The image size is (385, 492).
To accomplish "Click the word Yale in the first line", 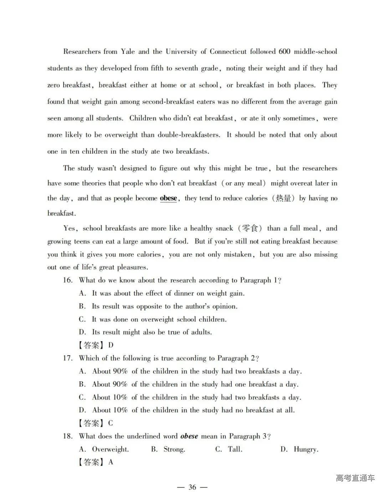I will point(128,52).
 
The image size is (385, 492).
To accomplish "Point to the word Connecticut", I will point(228,52).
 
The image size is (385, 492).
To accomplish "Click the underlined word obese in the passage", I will point(168,198).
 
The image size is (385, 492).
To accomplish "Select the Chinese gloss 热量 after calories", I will point(283,198).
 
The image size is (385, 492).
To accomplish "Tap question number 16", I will point(68,280).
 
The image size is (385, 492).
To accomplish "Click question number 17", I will point(68,358).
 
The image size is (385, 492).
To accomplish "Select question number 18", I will point(68,436).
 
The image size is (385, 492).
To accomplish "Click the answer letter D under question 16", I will point(111,345).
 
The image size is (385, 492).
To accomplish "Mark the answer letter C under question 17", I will point(111,423).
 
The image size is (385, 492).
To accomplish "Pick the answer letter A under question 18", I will point(111,462).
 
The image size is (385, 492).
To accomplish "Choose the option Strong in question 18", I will point(174,449).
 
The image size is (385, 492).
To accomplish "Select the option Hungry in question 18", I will point(306,449).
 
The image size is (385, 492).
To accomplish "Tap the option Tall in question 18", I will point(235,449).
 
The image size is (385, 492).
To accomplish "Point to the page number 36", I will point(192,487).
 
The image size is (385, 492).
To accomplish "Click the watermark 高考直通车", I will point(355,478).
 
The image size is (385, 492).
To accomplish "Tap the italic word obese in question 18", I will point(189,436).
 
